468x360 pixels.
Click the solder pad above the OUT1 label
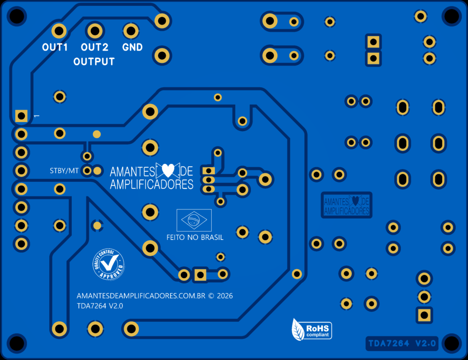point(59,31)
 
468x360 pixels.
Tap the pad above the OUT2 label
point(95,31)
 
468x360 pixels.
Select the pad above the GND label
point(131,31)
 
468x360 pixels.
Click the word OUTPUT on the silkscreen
point(94,62)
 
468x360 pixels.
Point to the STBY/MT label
point(64,171)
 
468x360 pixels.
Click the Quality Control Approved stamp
point(109,265)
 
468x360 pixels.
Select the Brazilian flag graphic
point(194,220)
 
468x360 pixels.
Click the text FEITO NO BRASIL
point(195,238)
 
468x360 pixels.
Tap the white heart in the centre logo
point(168,171)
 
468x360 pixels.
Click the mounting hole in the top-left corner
point(16,16)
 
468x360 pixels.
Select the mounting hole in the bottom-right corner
point(451,344)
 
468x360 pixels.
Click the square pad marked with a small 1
point(21,116)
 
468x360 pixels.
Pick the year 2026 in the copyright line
point(225,296)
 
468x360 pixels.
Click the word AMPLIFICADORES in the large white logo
point(152,184)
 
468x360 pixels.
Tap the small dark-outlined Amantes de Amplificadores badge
point(346,204)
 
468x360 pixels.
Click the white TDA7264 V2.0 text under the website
point(100,306)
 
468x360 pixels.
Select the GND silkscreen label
point(133,47)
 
